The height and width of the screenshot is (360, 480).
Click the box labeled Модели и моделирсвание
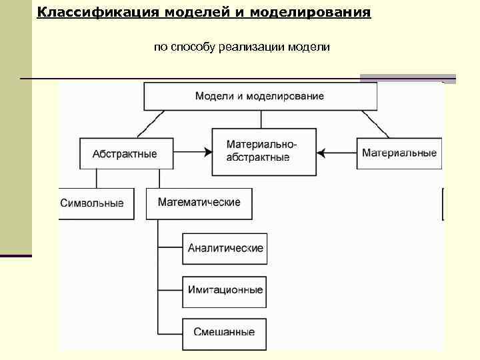pos(260,96)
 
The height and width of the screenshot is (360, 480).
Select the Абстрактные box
pos(125,154)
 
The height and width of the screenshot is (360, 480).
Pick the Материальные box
pos(399,153)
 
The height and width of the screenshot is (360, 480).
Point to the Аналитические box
pos(225,248)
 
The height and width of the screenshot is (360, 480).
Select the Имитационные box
pos(225,290)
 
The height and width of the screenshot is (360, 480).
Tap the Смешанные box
pos(224,331)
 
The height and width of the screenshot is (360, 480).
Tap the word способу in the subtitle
pos(192,47)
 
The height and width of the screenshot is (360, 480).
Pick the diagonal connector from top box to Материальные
pos(377,125)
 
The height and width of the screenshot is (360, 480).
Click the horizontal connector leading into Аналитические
pos(170,248)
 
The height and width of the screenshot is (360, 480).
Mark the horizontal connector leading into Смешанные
pos(170,331)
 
